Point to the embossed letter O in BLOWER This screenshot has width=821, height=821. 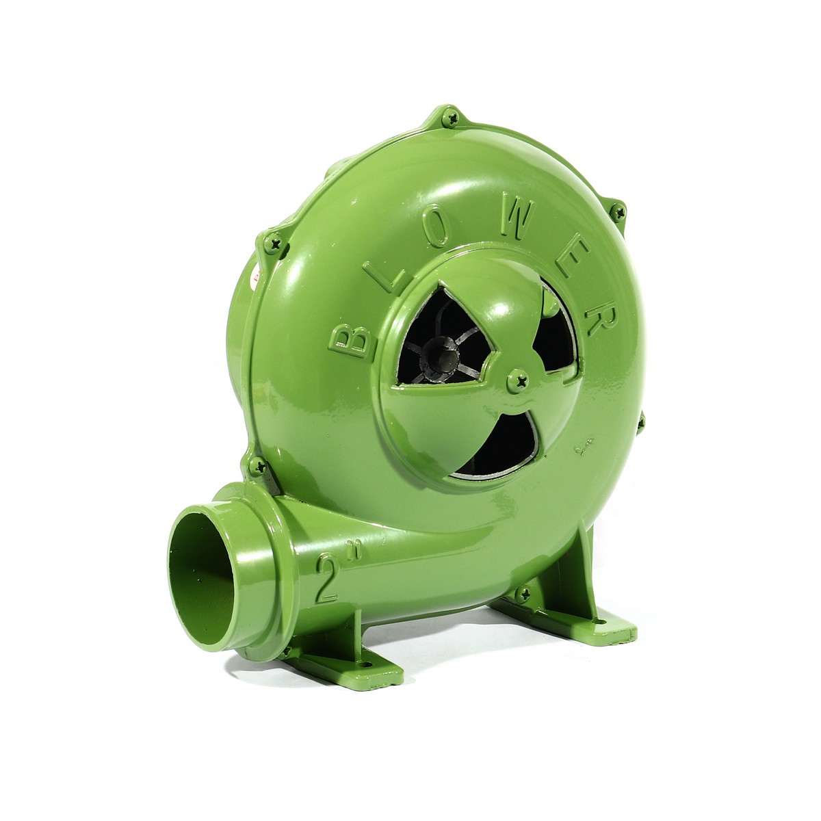(x=437, y=226)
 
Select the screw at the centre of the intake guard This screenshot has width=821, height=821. (x=519, y=380)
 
